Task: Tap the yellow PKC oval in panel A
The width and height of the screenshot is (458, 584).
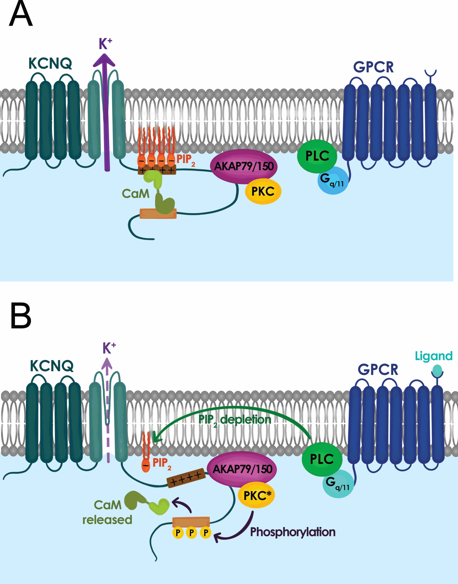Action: pyautogui.click(x=263, y=191)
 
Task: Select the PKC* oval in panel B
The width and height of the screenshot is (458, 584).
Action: pyautogui.click(x=257, y=495)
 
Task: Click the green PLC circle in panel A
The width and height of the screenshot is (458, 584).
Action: pyautogui.click(x=317, y=156)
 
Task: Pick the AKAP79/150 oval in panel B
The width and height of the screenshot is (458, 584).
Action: pyautogui.click(x=242, y=469)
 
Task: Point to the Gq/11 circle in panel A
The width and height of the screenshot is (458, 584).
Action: pyautogui.click(x=333, y=181)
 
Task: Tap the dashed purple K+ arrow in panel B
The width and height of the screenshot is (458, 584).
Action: pyautogui.click(x=107, y=410)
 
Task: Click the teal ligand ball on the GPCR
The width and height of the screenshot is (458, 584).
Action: pyautogui.click(x=437, y=371)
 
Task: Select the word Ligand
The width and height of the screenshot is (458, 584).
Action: pyautogui.click(x=433, y=356)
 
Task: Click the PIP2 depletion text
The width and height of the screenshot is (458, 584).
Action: pyautogui.click(x=235, y=420)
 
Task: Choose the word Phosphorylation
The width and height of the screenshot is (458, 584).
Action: pyautogui.click(x=293, y=532)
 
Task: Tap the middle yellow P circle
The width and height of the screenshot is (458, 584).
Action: pyautogui.click(x=191, y=533)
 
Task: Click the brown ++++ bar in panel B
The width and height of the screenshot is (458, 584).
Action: pyautogui.click(x=186, y=478)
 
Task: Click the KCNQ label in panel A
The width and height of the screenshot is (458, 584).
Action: pyautogui.click(x=50, y=63)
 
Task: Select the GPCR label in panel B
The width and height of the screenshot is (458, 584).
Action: pyautogui.click(x=378, y=369)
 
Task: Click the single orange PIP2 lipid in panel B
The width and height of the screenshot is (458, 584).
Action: pyautogui.click(x=146, y=453)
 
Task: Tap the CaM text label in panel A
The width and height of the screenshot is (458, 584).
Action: pyautogui.click(x=135, y=193)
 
